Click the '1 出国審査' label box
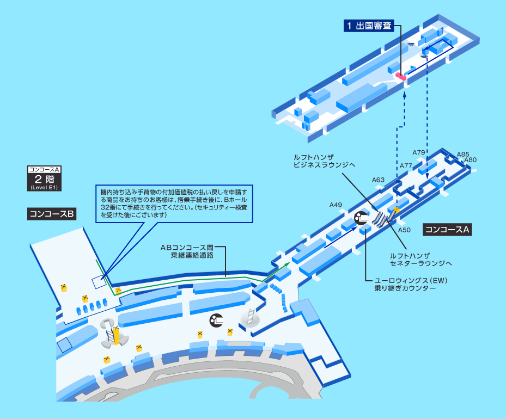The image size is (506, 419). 369,26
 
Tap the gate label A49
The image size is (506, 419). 336,205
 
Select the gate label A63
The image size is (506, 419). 378,180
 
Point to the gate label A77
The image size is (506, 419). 406,165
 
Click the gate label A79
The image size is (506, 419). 418,152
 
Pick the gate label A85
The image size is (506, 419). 463,154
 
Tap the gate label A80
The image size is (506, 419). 471,160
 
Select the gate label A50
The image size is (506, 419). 404,230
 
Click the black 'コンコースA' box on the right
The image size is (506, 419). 447,230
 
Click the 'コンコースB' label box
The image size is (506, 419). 52,214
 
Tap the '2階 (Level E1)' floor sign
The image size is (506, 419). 44,178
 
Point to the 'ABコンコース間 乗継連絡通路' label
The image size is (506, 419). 187,251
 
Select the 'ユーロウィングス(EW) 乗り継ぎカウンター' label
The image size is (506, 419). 411,284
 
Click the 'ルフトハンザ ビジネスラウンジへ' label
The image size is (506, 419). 324,161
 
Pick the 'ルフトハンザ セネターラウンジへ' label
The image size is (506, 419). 421,260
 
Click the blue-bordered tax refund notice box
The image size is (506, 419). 174,204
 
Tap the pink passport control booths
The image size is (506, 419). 401,77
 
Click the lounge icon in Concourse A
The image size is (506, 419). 361,219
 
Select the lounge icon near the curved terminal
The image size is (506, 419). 216,321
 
